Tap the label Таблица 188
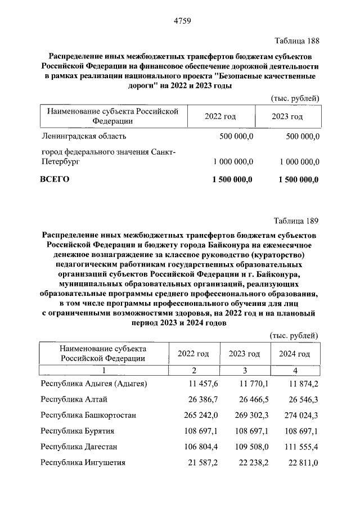[296, 40]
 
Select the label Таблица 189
[296, 219]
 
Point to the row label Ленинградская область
[84, 136]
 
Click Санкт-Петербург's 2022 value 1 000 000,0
[233, 161]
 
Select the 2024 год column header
[294, 354]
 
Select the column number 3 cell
[245, 370]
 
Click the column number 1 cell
[103, 370]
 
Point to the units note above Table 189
[295, 335]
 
